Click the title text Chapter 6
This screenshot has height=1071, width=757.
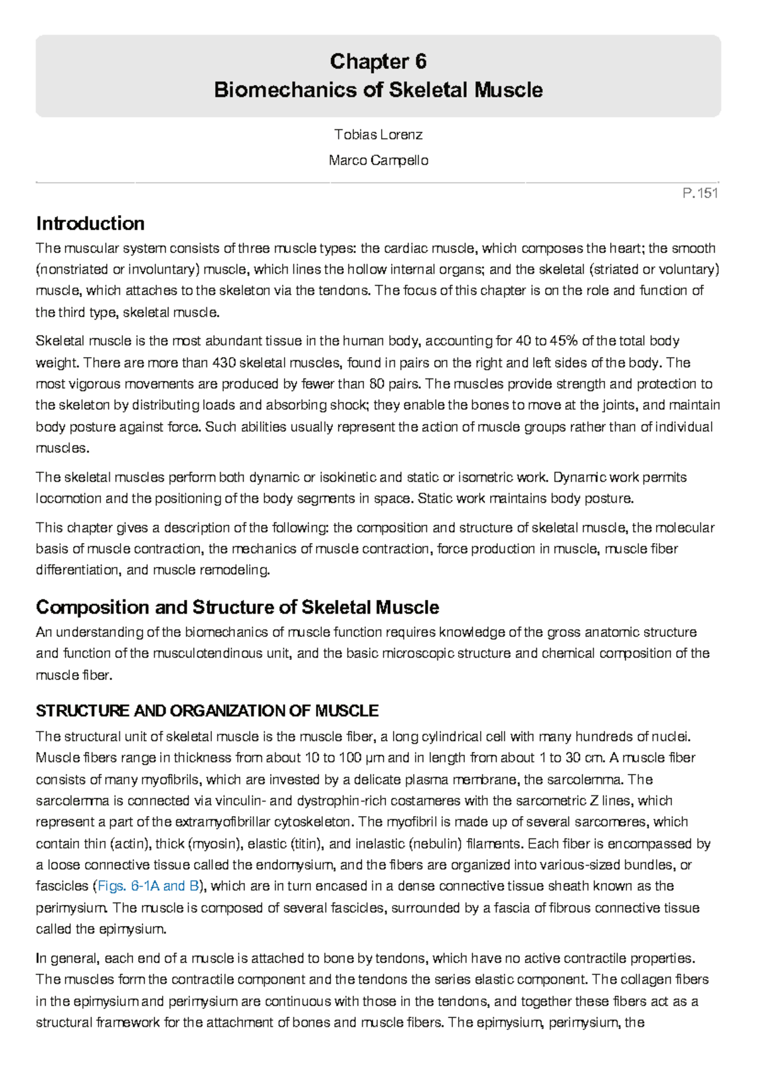point(378,61)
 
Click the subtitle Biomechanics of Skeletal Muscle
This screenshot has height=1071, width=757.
point(378,90)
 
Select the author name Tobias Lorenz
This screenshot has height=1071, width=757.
point(378,134)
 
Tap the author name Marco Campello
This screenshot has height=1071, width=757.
point(378,160)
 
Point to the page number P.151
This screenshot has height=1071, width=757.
point(700,193)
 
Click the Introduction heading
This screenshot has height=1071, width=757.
point(90,223)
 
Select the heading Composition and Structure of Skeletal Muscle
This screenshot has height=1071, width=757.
point(237,607)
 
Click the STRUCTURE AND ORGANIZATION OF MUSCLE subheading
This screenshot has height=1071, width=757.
point(207,711)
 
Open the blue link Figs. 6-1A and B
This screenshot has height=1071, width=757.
point(148,886)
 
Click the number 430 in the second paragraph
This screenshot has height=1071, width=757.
point(224,363)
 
